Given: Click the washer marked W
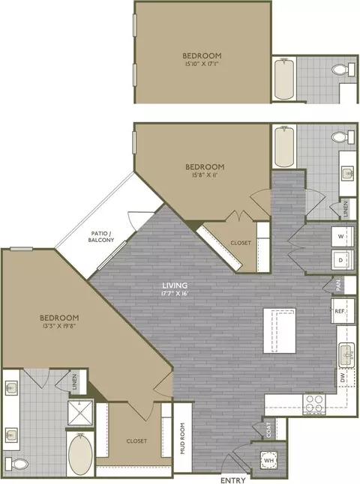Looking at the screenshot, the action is click(x=343, y=237).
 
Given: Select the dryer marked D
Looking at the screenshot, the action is click(x=343, y=260).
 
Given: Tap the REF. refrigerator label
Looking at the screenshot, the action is click(x=340, y=311).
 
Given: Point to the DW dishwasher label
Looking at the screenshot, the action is click(x=342, y=379).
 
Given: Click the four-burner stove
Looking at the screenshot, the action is click(x=314, y=404).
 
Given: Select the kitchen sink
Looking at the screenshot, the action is click(x=346, y=355).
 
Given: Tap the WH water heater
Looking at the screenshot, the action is click(x=268, y=460).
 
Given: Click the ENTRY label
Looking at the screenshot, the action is click(x=233, y=480).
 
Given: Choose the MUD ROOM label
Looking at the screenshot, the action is click(x=182, y=438).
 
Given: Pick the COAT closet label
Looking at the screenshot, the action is click(x=268, y=429).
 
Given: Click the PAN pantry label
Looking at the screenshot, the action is click(x=338, y=285).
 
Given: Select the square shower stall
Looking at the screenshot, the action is click(x=80, y=412).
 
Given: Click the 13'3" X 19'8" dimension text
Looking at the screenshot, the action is click(x=58, y=325).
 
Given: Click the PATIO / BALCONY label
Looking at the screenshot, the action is click(x=101, y=237).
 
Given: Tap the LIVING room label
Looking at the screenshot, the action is click(x=175, y=285).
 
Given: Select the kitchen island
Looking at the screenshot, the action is click(x=280, y=330).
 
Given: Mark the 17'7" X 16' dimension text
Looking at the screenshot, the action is click(x=172, y=293).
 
